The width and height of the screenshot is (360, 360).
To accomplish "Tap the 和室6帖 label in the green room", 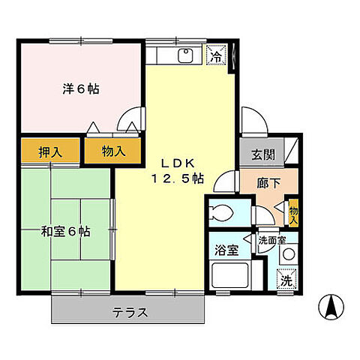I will [67, 232].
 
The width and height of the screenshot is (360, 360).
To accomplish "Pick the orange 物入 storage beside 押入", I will [112, 151].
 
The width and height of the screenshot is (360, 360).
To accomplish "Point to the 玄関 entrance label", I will [262, 155].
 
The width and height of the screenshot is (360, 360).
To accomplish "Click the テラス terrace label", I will [130, 311].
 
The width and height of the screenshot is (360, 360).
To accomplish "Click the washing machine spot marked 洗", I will [285, 280].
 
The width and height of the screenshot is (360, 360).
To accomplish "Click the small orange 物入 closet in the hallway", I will [294, 213].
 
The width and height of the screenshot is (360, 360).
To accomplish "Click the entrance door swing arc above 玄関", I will [251, 120].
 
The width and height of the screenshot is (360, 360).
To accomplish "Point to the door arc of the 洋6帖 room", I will [133, 118].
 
